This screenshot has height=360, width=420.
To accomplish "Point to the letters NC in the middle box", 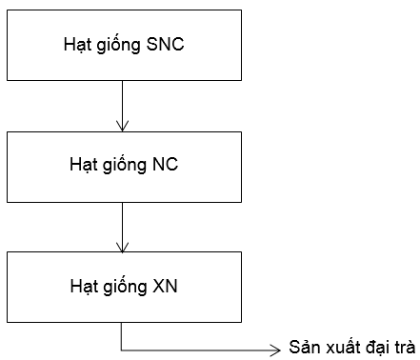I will (165, 164).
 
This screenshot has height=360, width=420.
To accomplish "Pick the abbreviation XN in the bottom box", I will (165, 286).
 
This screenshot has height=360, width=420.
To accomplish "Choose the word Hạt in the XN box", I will (82, 286).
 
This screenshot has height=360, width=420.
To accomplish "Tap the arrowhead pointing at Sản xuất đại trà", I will (276, 348).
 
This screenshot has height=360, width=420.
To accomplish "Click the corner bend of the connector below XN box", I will (122, 348).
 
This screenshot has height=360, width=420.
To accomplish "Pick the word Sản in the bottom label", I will (303, 348).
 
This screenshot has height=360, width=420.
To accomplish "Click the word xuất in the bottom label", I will (337, 348).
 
